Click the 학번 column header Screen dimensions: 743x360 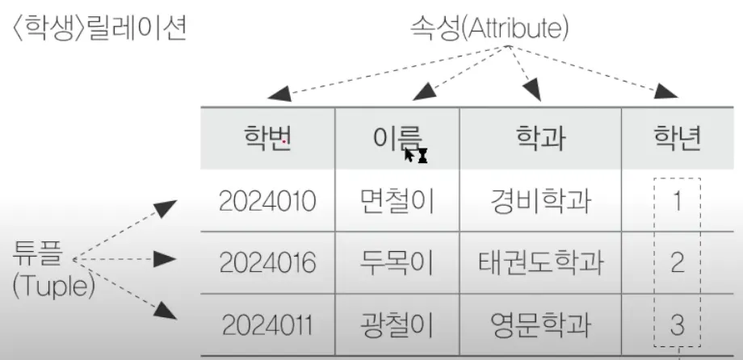pyautogui.click(x=267, y=139)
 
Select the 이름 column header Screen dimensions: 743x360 pyautogui.click(x=397, y=139)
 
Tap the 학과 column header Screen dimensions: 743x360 pyautogui.click(x=540, y=139)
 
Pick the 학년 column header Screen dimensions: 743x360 pyautogui.click(x=678, y=139)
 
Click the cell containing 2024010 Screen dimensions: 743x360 pyautogui.click(x=267, y=201)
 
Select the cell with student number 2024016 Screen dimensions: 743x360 pyautogui.click(x=267, y=262)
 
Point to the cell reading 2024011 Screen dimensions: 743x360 pyautogui.click(x=267, y=324)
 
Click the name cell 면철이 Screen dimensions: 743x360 pyautogui.click(x=397, y=201)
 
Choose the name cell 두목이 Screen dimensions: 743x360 pyautogui.click(x=397, y=262)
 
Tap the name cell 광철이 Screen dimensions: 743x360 pyautogui.click(x=397, y=324)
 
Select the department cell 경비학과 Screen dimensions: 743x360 pyautogui.click(x=540, y=201)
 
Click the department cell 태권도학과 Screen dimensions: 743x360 pyautogui.click(x=540, y=262)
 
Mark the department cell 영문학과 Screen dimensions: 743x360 pyautogui.click(x=540, y=324)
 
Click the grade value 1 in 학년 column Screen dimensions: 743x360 pyautogui.click(x=678, y=201)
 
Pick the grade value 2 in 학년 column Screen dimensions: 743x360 pyautogui.click(x=678, y=262)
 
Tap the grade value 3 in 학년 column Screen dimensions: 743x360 pyautogui.click(x=678, y=324)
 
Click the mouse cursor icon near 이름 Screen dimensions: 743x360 pyautogui.click(x=415, y=155)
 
